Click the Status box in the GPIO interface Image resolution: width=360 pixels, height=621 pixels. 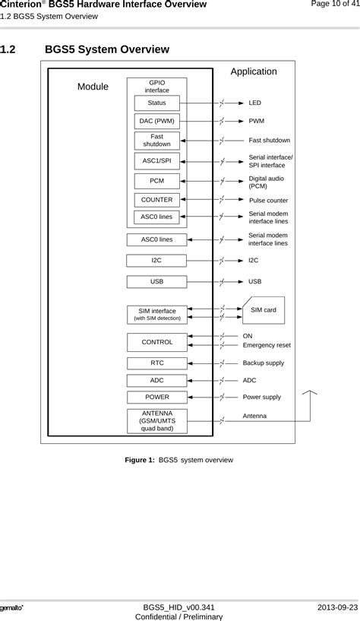(x=156, y=103)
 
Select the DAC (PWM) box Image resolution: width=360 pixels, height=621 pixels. (x=156, y=121)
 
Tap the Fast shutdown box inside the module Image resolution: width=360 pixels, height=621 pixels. (x=156, y=141)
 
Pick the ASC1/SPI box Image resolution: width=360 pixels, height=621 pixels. (x=156, y=161)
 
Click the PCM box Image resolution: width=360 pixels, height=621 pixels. (x=156, y=181)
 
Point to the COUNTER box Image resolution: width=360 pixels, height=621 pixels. (x=156, y=200)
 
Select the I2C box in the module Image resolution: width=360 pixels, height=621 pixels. (x=156, y=260)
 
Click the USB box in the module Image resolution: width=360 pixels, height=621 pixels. (x=156, y=281)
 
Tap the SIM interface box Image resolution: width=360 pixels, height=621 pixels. (x=157, y=314)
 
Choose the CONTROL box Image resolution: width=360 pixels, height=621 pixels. (x=157, y=342)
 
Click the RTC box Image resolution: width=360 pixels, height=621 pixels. (x=157, y=363)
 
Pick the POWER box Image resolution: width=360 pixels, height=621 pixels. (x=157, y=397)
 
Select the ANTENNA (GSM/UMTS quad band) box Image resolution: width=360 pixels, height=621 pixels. (x=157, y=420)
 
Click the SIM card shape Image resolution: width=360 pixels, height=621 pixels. (x=264, y=310)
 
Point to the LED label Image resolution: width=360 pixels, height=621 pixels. (x=255, y=103)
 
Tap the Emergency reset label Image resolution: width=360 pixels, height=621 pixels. (x=267, y=345)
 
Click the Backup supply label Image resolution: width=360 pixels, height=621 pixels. (x=263, y=363)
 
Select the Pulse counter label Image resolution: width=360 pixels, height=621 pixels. (x=268, y=200)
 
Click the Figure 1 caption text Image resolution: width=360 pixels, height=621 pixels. (x=180, y=460)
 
